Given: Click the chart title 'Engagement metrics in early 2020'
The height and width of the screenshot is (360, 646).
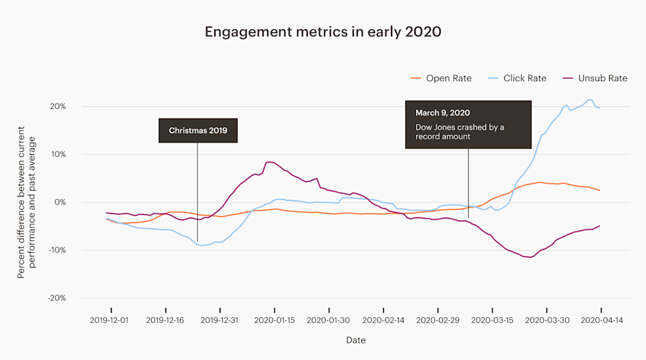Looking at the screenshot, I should [x=322, y=32].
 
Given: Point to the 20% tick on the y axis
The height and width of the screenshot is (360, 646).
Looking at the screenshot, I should [x=57, y=107].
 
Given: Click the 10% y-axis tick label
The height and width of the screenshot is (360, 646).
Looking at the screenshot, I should [x=57, y=154].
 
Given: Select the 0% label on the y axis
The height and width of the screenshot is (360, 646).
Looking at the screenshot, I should [x=59, y=202].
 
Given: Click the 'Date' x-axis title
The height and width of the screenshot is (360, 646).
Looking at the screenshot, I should [x=356, y=340].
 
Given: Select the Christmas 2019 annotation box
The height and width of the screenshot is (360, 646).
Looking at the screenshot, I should [x=198, y=131].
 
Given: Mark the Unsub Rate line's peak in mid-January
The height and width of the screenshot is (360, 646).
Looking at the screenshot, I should [x=270, y=162].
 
